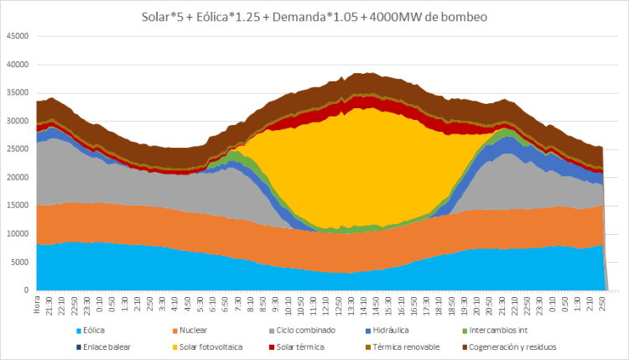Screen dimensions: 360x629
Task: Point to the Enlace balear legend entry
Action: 105,346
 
